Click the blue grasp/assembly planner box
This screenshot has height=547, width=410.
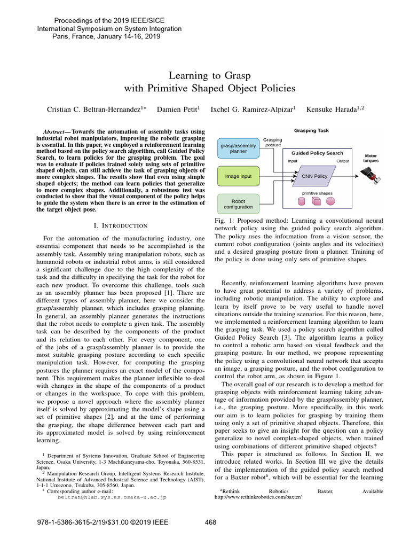tap(238, 147)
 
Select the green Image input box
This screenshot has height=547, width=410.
tap(238, 175)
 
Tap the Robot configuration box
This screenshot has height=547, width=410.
tap(238, 203)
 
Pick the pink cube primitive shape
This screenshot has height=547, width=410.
tap(316, 201)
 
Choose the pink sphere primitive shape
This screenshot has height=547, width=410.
tap(330, 201)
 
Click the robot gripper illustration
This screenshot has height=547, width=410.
tap(370, 174)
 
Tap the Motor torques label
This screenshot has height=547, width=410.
tap(370, 158)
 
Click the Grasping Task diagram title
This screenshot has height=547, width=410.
tap(312, 130)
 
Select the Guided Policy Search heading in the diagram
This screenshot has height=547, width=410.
tap(317, 153)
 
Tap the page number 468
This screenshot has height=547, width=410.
tap(210, 522)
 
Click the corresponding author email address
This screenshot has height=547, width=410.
tap(112, 497)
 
